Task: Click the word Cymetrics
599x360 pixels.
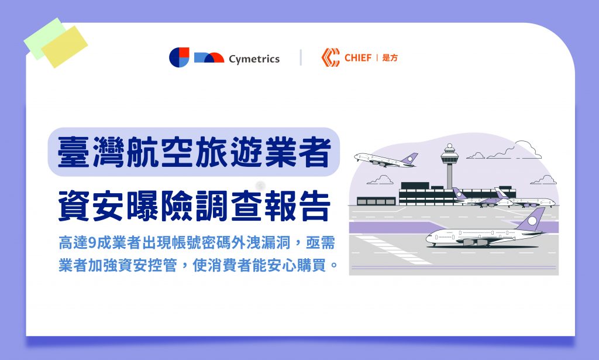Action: (x=254, y=59)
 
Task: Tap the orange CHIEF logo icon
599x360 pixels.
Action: (x=331, y=57)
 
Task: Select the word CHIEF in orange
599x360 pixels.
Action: (x=358, y=58)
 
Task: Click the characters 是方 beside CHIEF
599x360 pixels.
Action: (x=390, y=58)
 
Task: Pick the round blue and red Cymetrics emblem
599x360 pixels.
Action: (x=179, y=57)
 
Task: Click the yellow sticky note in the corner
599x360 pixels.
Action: (x=64, y=47)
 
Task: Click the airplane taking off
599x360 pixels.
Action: (x=386, y=160)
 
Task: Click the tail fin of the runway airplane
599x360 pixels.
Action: (x=531, y=220)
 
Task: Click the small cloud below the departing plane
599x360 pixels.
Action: (x=380, y=180)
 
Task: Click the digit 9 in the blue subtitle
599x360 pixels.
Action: (x=92, y=243)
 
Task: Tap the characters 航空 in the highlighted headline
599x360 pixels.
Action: (x=159, y=152)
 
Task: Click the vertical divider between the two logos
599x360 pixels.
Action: (x=301, y=57)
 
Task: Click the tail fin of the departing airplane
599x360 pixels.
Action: (x=409, y=159)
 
